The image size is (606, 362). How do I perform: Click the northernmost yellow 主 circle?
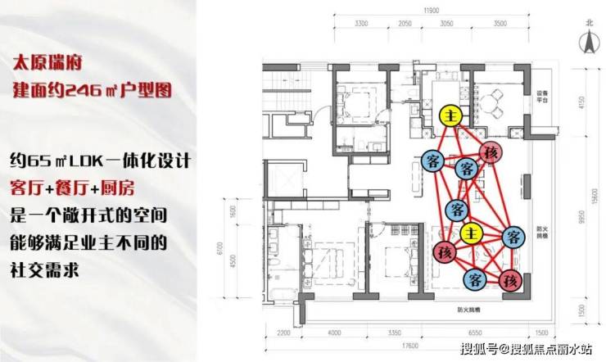point(450,115)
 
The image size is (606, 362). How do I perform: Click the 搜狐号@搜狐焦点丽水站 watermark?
point(536,350)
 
